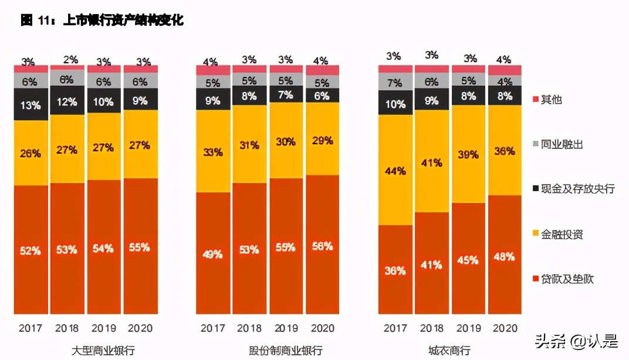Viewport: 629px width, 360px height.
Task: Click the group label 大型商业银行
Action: (103, 351)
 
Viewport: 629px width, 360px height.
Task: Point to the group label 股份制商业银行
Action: (285, 351)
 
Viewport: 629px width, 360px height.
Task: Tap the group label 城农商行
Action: (449, 351)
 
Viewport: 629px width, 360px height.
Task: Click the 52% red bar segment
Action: (31, 250)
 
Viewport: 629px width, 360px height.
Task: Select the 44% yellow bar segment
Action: (395, 171)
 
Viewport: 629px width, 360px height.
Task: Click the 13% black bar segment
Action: (31, 105)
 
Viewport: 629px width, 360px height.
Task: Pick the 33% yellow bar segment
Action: (212, 152)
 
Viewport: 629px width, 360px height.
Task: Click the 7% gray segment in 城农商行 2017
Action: (395, 82)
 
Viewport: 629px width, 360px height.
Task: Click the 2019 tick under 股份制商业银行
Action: (285, 328)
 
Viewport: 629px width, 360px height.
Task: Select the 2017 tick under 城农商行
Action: (395, 328)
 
